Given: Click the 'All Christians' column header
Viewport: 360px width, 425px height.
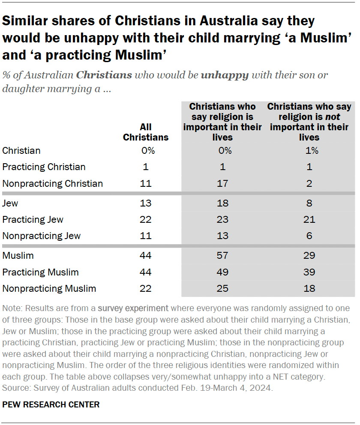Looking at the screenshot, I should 146,132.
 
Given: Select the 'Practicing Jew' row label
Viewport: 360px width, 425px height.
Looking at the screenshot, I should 33,219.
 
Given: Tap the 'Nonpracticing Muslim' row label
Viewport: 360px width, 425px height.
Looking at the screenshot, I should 49,288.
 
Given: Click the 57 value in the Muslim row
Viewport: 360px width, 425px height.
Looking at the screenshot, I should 222,256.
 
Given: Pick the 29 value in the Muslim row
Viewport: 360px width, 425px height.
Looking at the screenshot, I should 309,256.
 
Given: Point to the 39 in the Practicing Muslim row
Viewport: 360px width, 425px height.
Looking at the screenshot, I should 309,272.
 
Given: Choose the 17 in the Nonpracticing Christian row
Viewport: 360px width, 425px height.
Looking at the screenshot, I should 222,183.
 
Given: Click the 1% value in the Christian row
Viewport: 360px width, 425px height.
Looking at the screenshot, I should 309,150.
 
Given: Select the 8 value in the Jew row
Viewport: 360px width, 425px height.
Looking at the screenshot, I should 309,203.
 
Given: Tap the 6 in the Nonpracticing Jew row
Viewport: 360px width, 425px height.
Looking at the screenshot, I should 309,236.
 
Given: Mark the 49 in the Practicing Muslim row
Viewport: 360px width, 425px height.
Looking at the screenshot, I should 222,272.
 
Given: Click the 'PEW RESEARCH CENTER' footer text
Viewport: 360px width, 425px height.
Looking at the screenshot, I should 51,404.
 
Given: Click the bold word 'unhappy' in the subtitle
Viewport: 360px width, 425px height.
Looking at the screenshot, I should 225,75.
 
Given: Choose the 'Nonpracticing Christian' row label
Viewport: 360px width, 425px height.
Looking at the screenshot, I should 53,183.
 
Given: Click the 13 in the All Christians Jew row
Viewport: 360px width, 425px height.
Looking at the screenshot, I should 146,203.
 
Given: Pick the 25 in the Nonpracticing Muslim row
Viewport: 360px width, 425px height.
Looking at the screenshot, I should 222,288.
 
